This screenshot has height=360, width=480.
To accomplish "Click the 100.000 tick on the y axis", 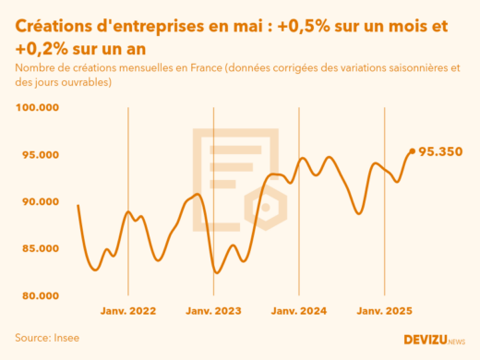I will [x=37, y=108].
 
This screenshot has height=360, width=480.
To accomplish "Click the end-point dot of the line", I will [x=412, y=151].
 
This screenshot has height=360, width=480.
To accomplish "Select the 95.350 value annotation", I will [x=440, y=151].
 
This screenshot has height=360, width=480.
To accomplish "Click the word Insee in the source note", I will [x=66, y=338].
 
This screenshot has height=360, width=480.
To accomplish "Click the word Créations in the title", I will [x=56, y=27].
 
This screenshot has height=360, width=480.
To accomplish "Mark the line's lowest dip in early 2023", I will [x=217, y=272].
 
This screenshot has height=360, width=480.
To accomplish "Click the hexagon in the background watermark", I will [x=266, y=207].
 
